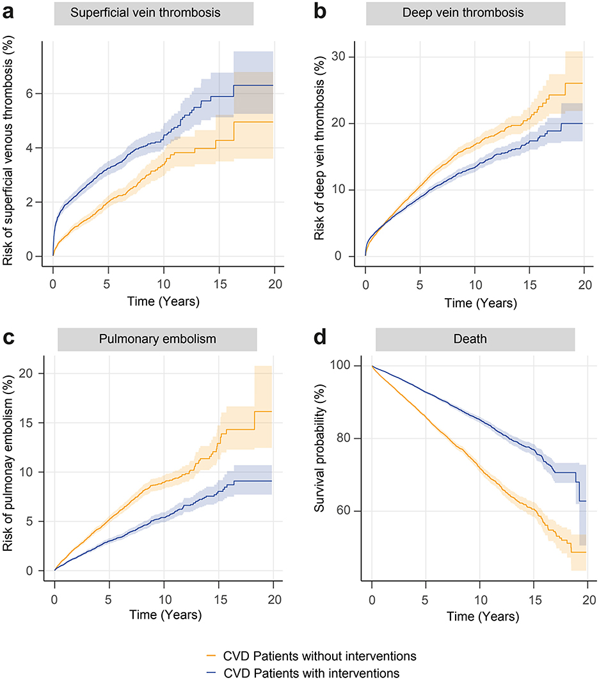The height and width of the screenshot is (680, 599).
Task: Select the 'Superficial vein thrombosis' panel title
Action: point(154,13)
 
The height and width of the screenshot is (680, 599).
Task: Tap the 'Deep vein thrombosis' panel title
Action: point(465,13)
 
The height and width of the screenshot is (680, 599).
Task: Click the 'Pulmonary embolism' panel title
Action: point(157,340)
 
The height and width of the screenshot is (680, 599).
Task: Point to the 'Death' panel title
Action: point(474,340)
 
